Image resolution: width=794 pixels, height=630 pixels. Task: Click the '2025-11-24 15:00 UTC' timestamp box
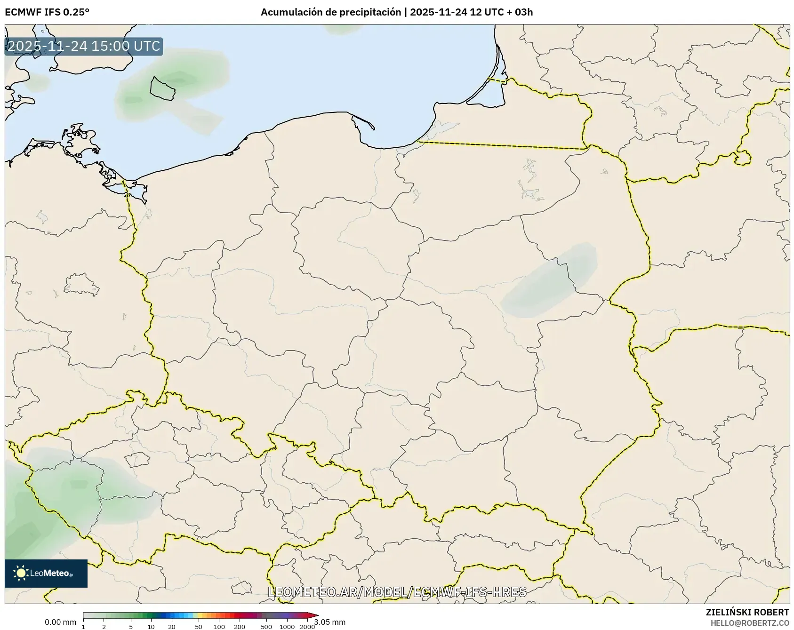(x=84, y=46)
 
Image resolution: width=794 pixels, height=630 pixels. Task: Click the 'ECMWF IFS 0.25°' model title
(x=47, y=12)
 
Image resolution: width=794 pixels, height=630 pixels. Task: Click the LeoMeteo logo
(x=46, y=573)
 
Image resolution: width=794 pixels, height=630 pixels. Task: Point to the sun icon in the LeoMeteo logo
(x=21, y=573)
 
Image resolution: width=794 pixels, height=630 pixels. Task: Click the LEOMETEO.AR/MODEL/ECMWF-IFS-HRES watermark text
(x=397, y=591)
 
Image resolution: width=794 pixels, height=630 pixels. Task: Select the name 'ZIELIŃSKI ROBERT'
(x=747, y=612)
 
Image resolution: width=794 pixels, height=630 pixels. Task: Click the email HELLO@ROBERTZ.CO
(x=750, y=622)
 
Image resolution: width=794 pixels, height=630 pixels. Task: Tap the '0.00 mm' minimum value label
(x=60, y=622)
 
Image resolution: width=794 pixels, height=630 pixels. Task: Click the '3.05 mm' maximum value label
(x=330, y=622)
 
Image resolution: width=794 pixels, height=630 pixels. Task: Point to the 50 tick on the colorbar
(x=199, y=626)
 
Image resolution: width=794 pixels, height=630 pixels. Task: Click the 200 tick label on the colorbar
(x=240, y=626)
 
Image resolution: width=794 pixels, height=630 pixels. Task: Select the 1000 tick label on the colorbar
(x=287, y=626)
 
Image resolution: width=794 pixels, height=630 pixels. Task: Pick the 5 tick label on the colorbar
(x=131, y=626)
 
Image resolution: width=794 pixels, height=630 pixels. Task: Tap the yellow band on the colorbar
(x=200, y=615)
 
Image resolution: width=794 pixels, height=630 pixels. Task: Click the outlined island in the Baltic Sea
(x=162, y=88)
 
